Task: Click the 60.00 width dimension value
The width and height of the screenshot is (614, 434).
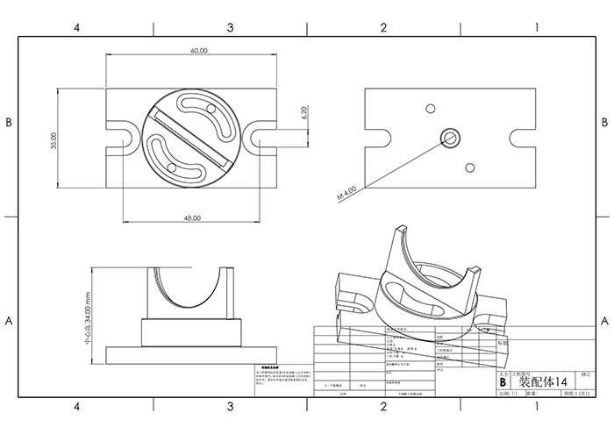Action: [x=199, y=51]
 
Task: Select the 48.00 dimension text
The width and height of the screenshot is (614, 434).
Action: [x=192, y=217]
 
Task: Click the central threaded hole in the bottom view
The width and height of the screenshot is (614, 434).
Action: [x=452, y=137]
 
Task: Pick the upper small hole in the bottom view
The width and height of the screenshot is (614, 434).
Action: [x=430, y=108]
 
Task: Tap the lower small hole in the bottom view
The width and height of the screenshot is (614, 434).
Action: [x=471, y=166]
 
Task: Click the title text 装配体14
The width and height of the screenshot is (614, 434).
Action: [x=544, y=382]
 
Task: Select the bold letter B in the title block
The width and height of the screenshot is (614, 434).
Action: [x=503, y=382]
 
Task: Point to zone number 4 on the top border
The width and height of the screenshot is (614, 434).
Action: [x=77, y=28]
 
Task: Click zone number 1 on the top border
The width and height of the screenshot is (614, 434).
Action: [x=536, y=28]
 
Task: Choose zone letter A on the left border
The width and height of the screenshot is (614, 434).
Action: [x=9, y=321]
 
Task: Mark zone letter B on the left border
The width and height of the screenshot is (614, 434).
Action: [x=9, y=123]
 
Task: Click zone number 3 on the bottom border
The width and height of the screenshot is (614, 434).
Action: [x=230, y=407]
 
